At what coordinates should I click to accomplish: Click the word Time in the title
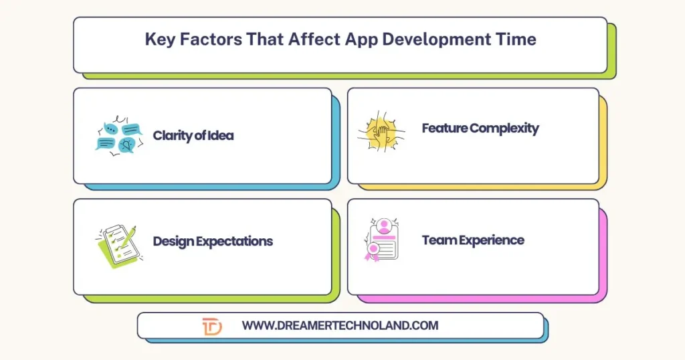516,39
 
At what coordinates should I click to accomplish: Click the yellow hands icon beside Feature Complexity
378,130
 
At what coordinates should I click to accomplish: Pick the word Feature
445,128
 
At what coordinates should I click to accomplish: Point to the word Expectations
233,242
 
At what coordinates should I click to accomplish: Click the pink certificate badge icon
381,240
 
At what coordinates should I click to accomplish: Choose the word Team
437,240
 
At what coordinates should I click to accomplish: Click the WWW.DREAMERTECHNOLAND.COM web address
340,326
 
